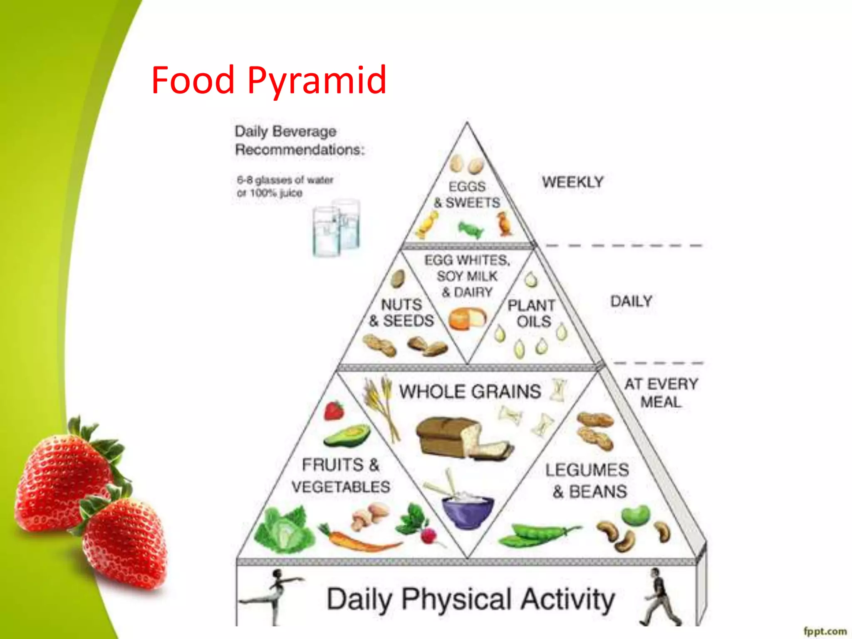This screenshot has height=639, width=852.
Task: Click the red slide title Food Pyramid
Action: point(269,80)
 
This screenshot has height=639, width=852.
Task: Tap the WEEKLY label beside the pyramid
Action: point(572,182)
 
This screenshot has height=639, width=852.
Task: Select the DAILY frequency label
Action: point(631,301)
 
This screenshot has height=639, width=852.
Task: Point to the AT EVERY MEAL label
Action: point(661,393)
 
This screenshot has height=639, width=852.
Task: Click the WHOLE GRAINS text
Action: point(470,391)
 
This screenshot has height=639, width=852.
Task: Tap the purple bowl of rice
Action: point(468,512)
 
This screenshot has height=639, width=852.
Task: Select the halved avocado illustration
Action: point(347,436)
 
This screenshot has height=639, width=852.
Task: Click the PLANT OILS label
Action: point(532,313)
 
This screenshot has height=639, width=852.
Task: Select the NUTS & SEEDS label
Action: point(401,312)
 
